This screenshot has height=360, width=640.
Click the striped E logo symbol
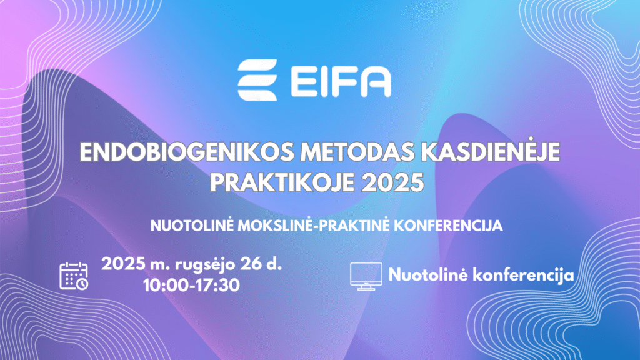pos(257,80)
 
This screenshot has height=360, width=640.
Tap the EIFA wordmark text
pos(341,81)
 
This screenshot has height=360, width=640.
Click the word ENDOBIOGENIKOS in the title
pos(187,152)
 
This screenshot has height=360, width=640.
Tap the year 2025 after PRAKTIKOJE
pos(392,183)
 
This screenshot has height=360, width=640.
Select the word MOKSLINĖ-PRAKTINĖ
pos(314,225)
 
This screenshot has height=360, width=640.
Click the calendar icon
pos(74,276)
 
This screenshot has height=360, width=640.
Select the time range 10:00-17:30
pos(191,285)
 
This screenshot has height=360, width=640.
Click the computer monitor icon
pos(366,276)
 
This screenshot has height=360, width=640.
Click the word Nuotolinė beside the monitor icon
pos(427,274)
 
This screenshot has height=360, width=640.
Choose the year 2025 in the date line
pos(123,264)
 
